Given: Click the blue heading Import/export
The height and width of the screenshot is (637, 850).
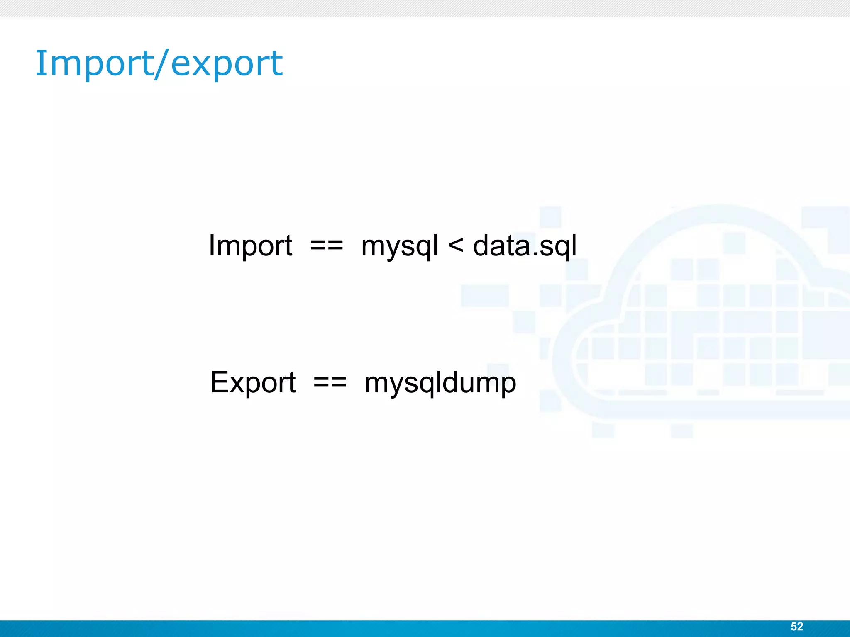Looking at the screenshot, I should [x=159, y=63].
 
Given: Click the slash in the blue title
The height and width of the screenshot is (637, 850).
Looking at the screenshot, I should [x=161, y=63].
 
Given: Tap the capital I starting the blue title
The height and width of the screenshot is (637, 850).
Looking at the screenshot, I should [x=40, y=63].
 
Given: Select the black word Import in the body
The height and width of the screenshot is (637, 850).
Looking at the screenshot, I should [x=250, y=246].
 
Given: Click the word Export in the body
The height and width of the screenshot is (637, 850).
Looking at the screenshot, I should [x=253, y=382].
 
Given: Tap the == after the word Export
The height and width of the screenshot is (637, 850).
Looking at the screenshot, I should [x=330, y=383].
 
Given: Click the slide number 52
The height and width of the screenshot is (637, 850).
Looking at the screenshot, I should [x=796, y=626].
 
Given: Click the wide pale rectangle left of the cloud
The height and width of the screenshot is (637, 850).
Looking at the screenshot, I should [x=484, y=296].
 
